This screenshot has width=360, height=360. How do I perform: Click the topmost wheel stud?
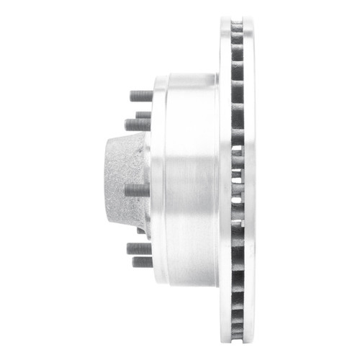tap(141, 95)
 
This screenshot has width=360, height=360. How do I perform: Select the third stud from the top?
tap(138, 125)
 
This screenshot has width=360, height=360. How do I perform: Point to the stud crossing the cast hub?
tap(137, 191)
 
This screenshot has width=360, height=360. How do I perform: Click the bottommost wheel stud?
tap(142, 262)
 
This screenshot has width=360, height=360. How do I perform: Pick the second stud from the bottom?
tap(139, 248)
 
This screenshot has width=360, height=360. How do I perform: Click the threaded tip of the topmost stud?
tap(132, 95)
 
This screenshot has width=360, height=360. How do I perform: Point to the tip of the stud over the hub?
tap(127, 191)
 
